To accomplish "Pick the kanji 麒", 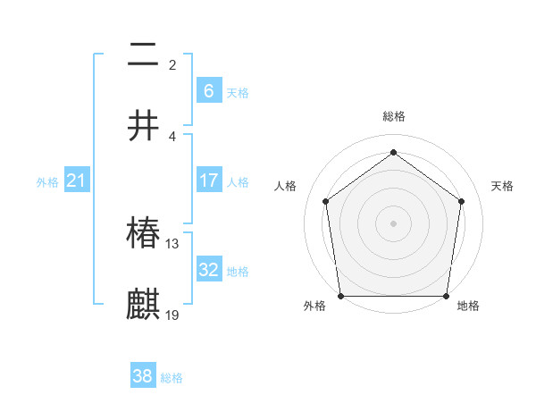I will point(144,303).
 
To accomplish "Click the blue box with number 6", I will point(209,90).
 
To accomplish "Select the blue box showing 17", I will point(209,181).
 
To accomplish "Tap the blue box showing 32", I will point(209,269).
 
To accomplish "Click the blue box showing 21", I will point(77,181).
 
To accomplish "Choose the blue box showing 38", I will point(143,376).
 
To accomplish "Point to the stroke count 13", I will point(172,243).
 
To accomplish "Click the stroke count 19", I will point(172,314).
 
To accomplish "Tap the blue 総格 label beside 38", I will point(172,378).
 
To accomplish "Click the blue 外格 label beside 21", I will point(47,182).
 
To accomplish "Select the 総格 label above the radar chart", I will point(394,116).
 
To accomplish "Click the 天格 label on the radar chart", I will point(502,186).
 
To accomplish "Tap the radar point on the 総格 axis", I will point(393,152).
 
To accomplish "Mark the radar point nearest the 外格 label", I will point(340,296).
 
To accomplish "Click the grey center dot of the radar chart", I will point(393,223).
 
